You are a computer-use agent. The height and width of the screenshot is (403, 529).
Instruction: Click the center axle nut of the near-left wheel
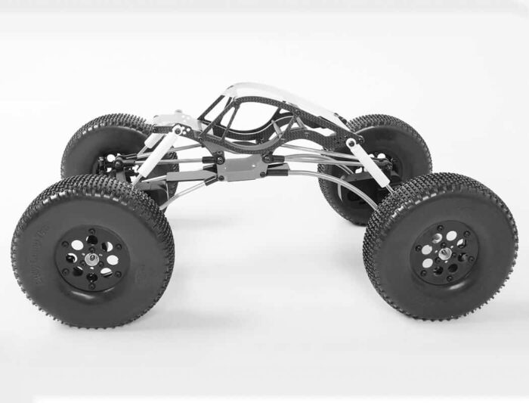pos(91,258)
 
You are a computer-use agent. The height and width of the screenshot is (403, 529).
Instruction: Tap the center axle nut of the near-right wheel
pos(444,253)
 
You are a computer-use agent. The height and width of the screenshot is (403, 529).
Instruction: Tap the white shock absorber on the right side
pos(370,166)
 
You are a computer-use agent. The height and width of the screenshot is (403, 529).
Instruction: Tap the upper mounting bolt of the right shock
pos(351,144)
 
